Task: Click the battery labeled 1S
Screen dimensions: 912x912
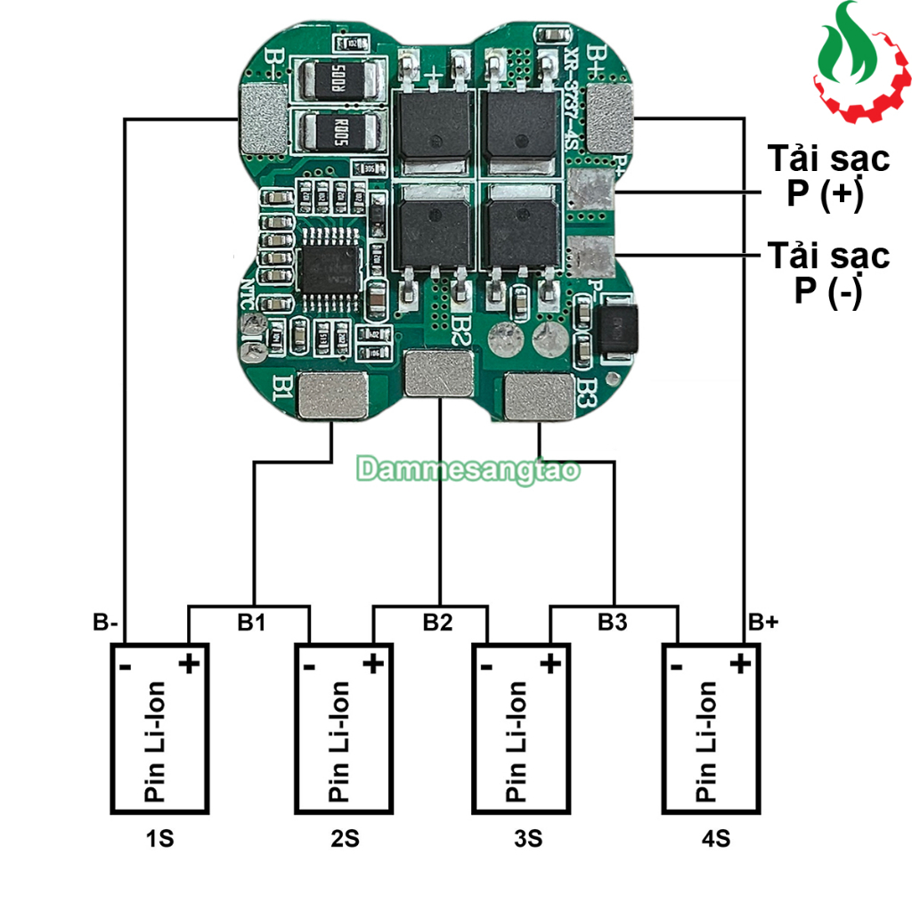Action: pos(159,728)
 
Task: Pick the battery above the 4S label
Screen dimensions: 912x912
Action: pos(711,728)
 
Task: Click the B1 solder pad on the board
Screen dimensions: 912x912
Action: pos(332,396)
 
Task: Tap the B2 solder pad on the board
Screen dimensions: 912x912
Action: pos(439,373)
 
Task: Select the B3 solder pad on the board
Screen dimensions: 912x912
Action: pos(541,396)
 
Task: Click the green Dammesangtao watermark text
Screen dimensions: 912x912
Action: pos(468,470)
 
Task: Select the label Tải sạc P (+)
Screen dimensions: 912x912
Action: pos(828,175)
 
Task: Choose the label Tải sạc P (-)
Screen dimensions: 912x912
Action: pos(828,273)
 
